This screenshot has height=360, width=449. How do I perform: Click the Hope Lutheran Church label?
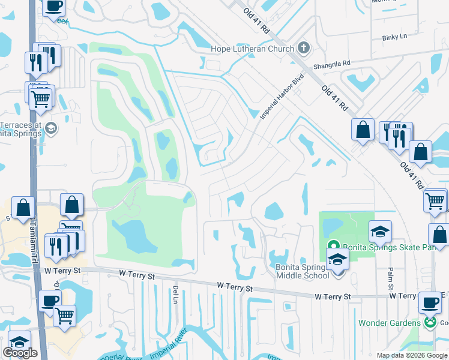point(252,48)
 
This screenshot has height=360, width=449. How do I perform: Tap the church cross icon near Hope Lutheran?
point(304,48)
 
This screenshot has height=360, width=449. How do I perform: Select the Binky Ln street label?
point(394,37)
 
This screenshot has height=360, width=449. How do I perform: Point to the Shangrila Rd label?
point(331,64)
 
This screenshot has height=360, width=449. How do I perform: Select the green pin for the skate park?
point(334,246)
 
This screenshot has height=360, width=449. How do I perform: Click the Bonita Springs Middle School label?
point(303,271)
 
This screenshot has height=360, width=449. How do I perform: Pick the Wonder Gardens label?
point(389,323)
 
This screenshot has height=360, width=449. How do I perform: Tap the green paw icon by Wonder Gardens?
point(430,323)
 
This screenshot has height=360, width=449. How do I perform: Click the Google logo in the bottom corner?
point(20,353)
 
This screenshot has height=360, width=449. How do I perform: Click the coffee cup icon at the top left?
point(53,6)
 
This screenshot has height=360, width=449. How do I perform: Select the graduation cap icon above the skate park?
point(380,231)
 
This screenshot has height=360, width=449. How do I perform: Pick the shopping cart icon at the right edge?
point(435,200)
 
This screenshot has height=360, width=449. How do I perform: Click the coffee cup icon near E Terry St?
point(429,302)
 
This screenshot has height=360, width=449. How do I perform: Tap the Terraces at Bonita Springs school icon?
point(51,127)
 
